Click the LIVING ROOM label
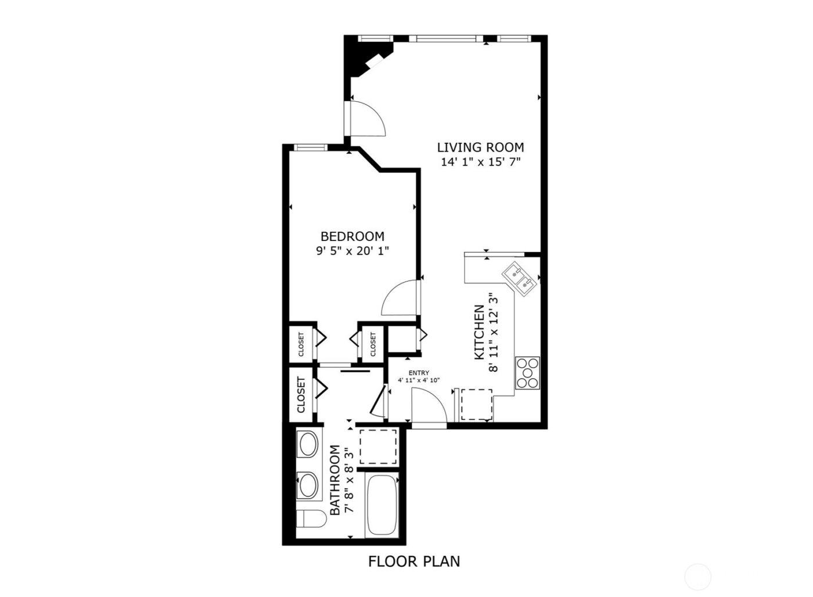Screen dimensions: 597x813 click(x=480, y=148)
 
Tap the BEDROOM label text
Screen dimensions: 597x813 click(x=352, y=236)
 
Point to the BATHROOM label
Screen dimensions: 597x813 click(x=335, y=480)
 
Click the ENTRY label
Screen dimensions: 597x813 click(x=419, y=373)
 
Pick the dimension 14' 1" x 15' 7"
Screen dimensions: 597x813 click(x=480, y=163)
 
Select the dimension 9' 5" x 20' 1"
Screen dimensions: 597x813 click(x=352, y=251)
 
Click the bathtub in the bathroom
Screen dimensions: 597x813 click(x=381, y=506)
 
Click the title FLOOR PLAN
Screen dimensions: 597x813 click(x=414, y=562)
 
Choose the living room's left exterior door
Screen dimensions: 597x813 click(x=365, y=119)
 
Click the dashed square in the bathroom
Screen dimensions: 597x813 click(x=378, y=446)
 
